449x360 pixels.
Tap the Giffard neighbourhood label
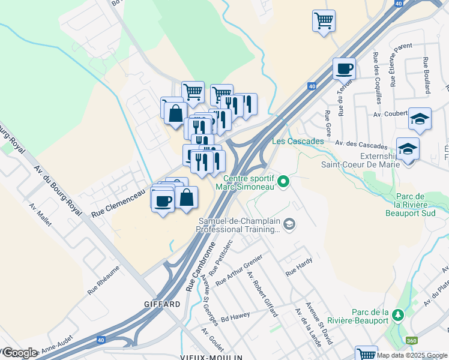click(162, 304)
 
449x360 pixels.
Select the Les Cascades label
click(298, 142)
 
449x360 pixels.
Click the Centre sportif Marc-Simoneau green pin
click(286, 180)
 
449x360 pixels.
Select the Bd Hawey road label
click(235, 317)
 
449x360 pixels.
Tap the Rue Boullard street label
click(427, 75)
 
